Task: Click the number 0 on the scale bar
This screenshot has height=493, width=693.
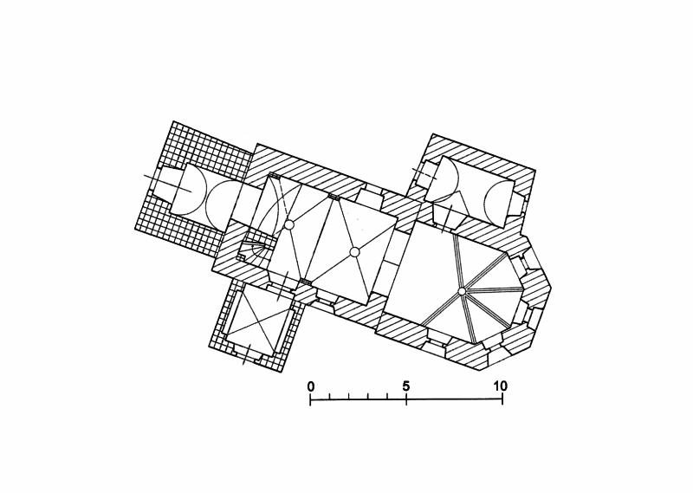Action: click(311, 386)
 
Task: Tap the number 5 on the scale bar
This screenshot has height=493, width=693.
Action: click(406, 386)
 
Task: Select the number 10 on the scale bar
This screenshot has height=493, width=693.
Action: click(501, 386)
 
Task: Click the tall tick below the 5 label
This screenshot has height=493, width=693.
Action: click(406, 399)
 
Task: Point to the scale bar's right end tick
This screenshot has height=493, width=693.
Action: click(502, 399)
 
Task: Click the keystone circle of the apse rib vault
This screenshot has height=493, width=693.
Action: click(462, 291)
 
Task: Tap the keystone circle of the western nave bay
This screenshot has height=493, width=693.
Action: click(288, 225)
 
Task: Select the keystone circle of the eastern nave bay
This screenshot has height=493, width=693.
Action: click(354, 252)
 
